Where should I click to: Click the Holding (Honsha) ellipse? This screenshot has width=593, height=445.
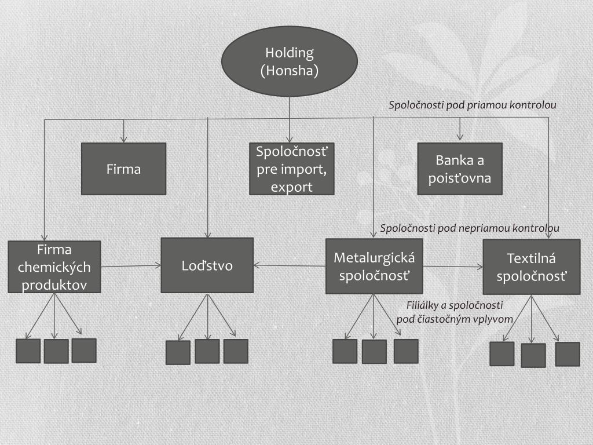(x=289, y=61)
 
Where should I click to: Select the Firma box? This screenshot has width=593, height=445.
(x=123, y=169)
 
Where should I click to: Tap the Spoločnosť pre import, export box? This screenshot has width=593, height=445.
(x=292, y=169)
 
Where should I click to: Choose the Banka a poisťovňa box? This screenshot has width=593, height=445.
(x=460, y=169)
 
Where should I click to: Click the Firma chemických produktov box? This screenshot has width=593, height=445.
(x=54, y=267)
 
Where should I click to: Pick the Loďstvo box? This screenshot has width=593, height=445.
(x=207, y=265)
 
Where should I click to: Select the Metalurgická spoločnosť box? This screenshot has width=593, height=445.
(x=374, y=267)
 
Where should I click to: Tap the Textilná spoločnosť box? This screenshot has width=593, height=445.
(x=531, y=267)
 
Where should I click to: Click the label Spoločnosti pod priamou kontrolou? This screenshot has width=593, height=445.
(x=472, y=105)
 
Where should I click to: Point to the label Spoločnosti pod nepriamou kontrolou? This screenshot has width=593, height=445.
(x=470, y=228)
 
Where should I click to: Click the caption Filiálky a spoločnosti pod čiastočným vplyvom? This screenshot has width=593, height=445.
(x=455, y=312)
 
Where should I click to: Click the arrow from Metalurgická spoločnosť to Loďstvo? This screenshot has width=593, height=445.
(x=290, y=266)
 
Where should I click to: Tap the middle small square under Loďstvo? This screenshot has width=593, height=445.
(x=207, y=351)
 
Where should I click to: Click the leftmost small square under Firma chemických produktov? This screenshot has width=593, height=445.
(x=28, y=351)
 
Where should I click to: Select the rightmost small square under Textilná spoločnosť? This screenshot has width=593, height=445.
(x=567, y=354)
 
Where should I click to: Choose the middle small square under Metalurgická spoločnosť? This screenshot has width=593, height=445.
(x=374, y=351)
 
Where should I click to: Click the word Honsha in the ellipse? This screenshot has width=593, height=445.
(x=290, y=71)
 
